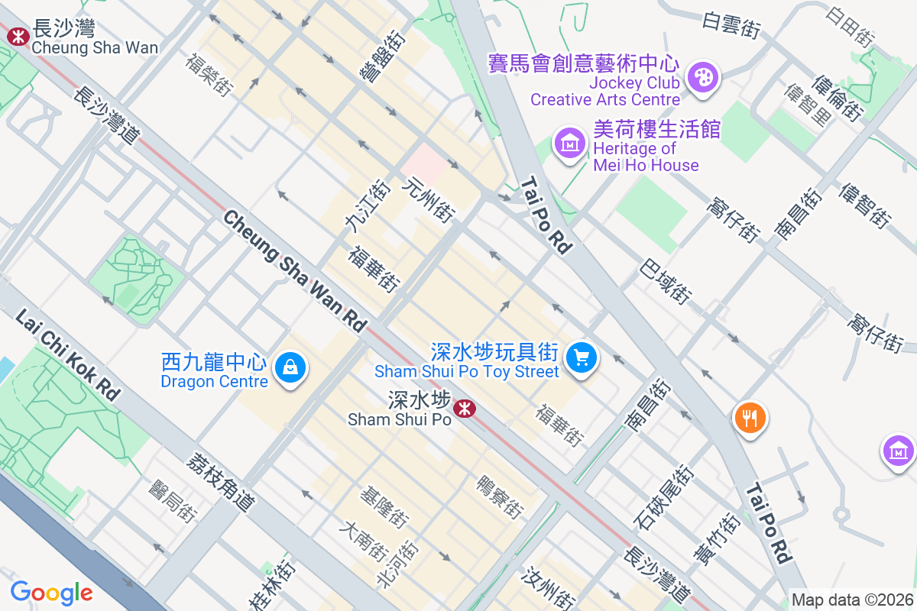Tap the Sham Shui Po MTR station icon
[x=464, y=409]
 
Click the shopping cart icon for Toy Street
[x=582, y=357]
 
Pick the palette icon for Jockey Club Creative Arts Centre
[x=701, y=77]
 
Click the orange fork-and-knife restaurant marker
[x=750, y=418]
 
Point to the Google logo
[x=51, y=592]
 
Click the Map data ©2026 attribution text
[x=852, y=600]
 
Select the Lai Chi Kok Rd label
[x=67, y=355]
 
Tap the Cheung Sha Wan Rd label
[x=294, y=270]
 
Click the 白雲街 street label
[x=732, y=26]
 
